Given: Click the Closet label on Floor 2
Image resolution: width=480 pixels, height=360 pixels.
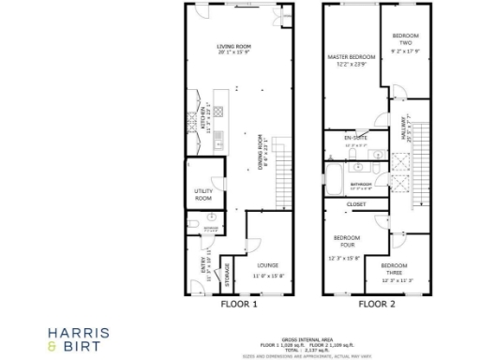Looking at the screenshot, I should click(x=356, y=203).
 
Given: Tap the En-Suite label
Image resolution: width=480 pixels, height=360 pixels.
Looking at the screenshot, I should click(x=357, y=139).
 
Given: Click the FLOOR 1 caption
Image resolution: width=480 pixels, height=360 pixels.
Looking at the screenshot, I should click(x=239, y=304).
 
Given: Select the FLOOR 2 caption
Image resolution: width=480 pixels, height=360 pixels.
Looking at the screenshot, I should click(x=376, y=304).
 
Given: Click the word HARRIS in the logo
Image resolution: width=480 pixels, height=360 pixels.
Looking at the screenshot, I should click(x=79, y=332).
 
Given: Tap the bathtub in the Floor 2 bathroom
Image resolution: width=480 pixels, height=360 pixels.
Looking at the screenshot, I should click(x=336, y=177).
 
